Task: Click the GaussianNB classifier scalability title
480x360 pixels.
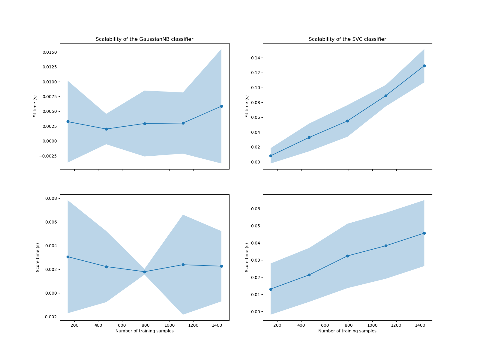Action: [x=144, y=39]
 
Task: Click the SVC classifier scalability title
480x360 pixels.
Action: [x=347, y=39]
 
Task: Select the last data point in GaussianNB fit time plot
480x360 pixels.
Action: [x=221, y=106]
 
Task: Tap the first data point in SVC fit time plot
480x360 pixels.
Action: [x=271, y=156]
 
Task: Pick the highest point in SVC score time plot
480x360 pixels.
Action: [x=424, y=233]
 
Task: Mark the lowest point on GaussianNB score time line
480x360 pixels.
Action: [x=145, y=272]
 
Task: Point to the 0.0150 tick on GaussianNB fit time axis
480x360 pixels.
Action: [x=49, y=52]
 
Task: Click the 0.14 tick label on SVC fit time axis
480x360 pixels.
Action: [x=255, y=58]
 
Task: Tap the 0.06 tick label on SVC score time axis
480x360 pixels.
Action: [x=255, y=209]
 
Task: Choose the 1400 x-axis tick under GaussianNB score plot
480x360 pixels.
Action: [x=217, y=325]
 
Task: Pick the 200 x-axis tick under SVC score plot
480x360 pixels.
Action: [x=277, y=325]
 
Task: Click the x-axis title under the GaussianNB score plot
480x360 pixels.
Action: [x=144, y=331]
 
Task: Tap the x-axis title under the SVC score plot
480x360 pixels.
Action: [x=347, y=331]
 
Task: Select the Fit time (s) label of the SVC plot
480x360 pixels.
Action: [x=247, y=106]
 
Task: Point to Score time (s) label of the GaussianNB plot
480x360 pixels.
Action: [x=38, y=257]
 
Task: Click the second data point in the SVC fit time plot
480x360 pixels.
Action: [x=309, y=137]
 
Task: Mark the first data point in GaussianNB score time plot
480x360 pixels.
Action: [x=68, y=257]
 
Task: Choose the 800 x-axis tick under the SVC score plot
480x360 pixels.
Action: [x=349, y=325]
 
